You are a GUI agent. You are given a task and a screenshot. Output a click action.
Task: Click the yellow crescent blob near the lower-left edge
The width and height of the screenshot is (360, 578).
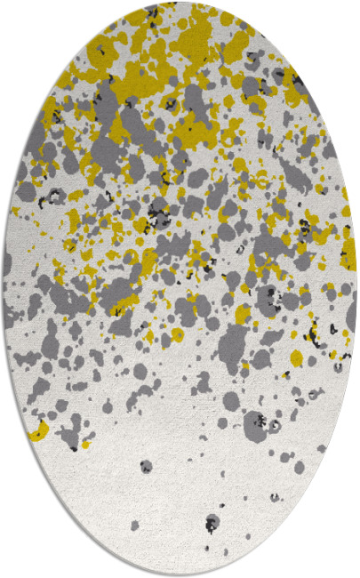[38, 433]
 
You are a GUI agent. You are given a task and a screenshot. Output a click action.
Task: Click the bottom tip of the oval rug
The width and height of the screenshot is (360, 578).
[180, 574]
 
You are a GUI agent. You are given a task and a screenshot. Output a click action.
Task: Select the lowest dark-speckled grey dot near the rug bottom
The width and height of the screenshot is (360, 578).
[212, 522]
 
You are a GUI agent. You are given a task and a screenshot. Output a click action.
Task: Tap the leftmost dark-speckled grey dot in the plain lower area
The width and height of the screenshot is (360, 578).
[146, 466]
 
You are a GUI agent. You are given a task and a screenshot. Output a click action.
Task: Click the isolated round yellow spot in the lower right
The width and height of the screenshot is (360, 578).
[297, 357]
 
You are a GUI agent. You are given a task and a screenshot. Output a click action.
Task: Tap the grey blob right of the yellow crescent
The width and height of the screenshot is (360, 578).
[68, 435]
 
